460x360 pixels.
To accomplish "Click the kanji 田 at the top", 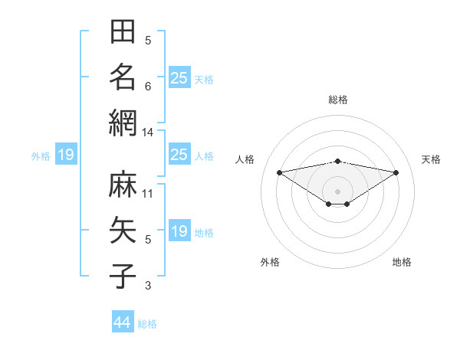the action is point(123,31).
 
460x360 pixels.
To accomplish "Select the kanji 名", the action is point(123,77).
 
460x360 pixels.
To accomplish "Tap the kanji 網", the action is point(123,123).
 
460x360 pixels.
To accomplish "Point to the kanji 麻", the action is point(123,184).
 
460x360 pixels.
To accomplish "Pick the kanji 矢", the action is point(123,230).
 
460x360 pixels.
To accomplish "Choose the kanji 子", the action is point(123,276).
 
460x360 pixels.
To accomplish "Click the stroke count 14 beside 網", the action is point(147,133).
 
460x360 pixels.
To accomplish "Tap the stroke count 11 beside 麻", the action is point(147,194).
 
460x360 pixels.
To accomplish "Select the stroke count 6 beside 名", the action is point(148,87).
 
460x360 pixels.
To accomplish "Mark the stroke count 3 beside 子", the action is point(148,286).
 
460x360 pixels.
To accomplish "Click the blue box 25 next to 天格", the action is point(179,77).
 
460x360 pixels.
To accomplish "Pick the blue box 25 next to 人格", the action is point(179,154).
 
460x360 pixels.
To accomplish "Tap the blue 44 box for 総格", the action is point(123,321).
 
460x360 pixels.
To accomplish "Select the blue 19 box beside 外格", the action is point(66,154).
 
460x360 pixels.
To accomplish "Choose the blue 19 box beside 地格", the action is point(179,230).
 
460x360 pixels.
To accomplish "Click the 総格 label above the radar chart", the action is point(338,100).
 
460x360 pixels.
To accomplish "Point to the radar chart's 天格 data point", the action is point(396,172).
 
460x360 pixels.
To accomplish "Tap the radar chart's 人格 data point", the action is point(280,172).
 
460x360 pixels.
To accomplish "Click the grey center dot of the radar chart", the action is point(337,191).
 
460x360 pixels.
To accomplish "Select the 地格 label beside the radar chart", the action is point(402,262).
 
